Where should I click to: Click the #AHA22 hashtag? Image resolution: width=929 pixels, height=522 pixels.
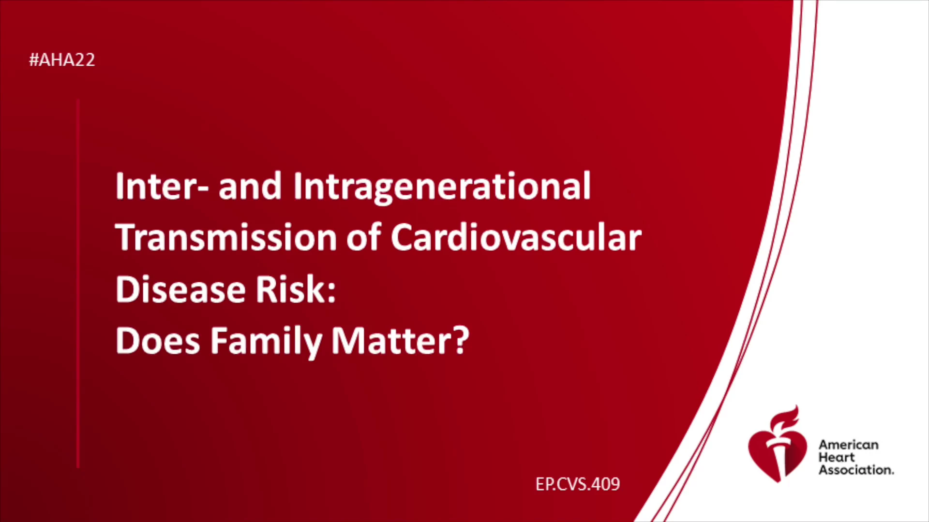click(62, 60)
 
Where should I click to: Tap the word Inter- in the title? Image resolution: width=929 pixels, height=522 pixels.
click(162, 186)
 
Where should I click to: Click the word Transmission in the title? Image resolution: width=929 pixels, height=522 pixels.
click(226, 238)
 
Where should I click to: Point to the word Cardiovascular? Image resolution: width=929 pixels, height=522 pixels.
click(516, 237)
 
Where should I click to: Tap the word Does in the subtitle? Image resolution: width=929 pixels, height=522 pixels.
click(158, 341)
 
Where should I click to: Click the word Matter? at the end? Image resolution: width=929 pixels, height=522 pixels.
click(400, 341)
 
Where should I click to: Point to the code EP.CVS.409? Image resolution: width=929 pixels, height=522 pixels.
click(578, 484)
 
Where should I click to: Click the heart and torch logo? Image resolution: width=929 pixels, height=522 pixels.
click(778, 444)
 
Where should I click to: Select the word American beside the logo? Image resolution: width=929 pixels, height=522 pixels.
click(849, 445)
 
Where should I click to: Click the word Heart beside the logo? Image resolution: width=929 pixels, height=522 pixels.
click(837, 457)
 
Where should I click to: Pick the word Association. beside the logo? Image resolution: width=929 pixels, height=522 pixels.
click(856, 470)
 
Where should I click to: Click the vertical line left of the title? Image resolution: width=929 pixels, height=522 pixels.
click(78, 284)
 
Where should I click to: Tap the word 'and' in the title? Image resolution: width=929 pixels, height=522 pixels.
click(250, 186)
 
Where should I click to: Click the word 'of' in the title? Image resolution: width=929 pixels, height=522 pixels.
click(364, 237)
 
